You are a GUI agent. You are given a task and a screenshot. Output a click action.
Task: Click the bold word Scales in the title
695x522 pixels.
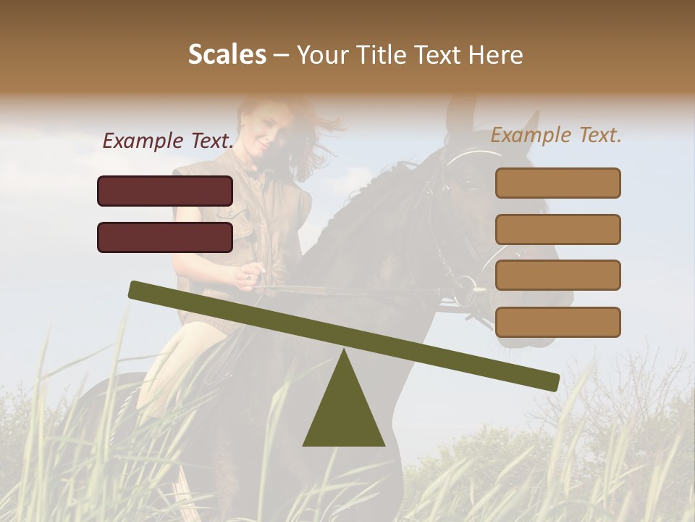point(227,54)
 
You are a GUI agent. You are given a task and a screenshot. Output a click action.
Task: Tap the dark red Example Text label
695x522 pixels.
point(168,141)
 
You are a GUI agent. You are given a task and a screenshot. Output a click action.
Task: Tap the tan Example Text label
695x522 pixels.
point(556,135)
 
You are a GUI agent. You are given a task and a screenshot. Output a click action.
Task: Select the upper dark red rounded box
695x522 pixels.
point(165,191)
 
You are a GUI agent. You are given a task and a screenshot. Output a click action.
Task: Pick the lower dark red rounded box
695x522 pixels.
point(165,237)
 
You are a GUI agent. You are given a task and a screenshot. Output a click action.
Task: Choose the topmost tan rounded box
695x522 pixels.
point(557,183)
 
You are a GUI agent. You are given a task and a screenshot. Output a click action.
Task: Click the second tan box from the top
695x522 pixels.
point(557,229)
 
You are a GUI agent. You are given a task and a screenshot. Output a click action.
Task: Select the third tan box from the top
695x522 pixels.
point(557,275)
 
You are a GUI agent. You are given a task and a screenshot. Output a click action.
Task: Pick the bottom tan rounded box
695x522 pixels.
point(557,322)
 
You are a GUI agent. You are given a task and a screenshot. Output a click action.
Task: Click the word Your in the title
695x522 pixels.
point(323,54)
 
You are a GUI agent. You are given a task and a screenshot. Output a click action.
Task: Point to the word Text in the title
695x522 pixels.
point(437,54)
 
